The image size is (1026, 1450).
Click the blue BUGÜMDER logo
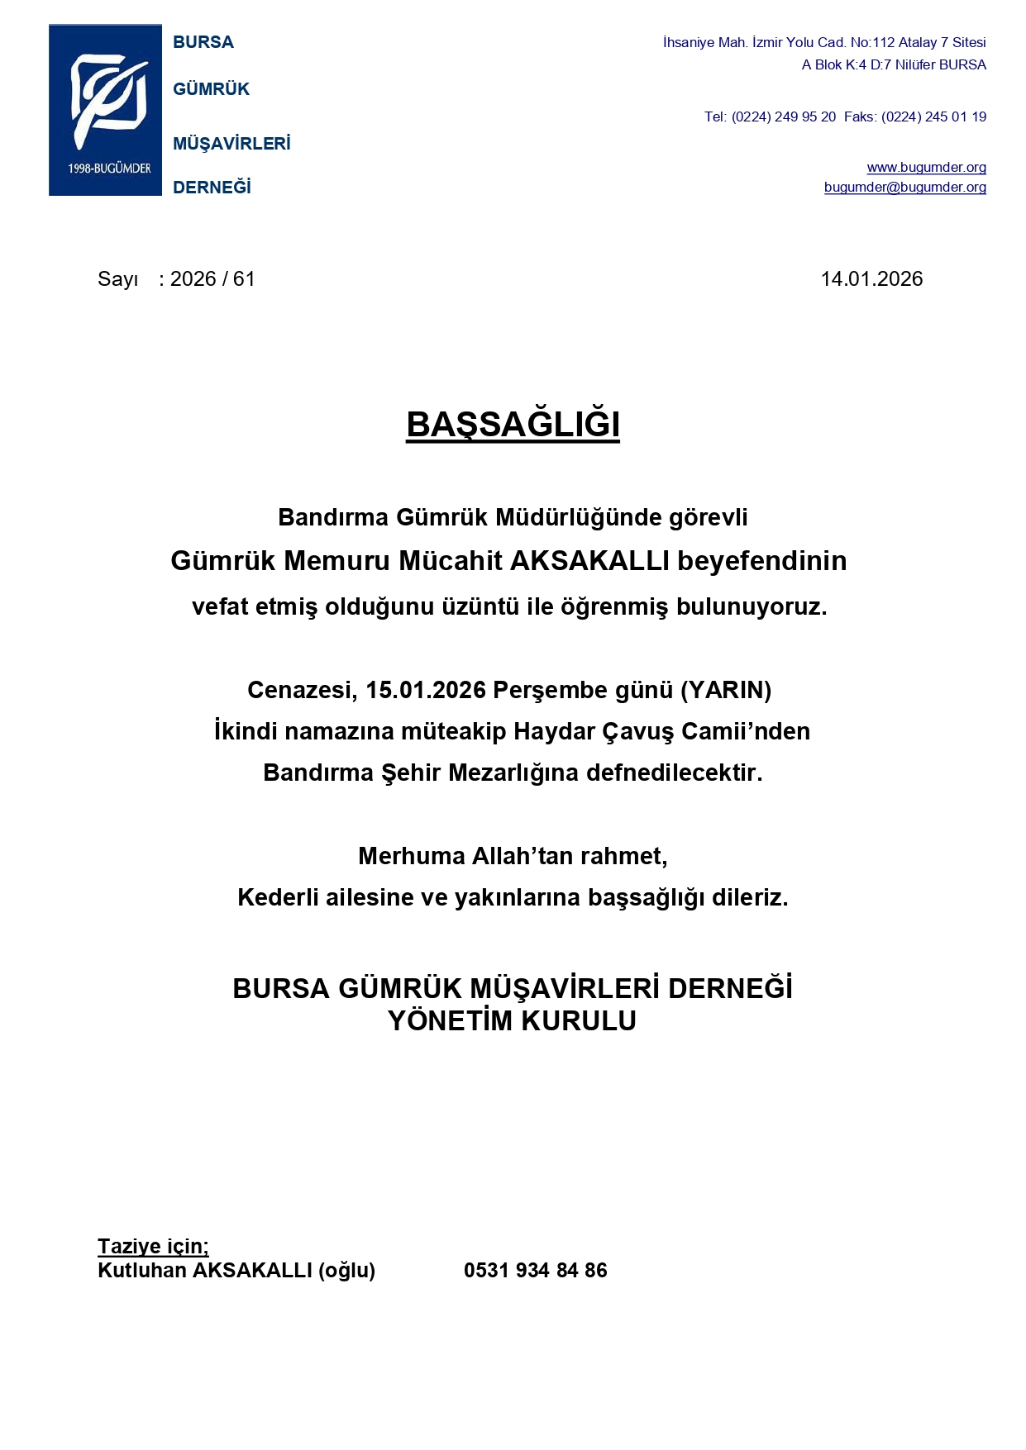tap(105, 110)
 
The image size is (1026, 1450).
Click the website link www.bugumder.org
tap(926, 167)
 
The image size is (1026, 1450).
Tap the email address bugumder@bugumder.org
tap(904, 187)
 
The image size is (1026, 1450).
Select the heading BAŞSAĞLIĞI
tap(513, 425)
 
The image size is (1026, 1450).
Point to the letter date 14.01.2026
tap(871, 279)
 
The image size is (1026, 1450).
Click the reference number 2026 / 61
tap(212, 279)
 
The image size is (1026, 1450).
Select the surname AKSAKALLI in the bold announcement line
tap(589, 561)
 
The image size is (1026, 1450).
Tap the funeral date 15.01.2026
tap(426, 690)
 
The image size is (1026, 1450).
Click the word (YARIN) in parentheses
tap(725, 690)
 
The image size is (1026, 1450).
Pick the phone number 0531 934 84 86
tap(535, 1271)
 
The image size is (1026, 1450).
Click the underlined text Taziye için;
tap(153, 1246)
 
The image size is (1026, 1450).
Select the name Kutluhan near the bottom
tap(141, 1271)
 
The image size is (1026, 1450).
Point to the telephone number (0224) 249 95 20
tap(783, 117)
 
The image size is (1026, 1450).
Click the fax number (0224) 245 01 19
tap(933, 117)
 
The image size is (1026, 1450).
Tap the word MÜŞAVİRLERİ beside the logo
tap(231, 144)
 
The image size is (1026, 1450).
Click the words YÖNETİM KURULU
tap(512, 1021)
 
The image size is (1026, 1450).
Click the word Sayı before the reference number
tap(117, 279)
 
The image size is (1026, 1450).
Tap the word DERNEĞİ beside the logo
tap(212, 188)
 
